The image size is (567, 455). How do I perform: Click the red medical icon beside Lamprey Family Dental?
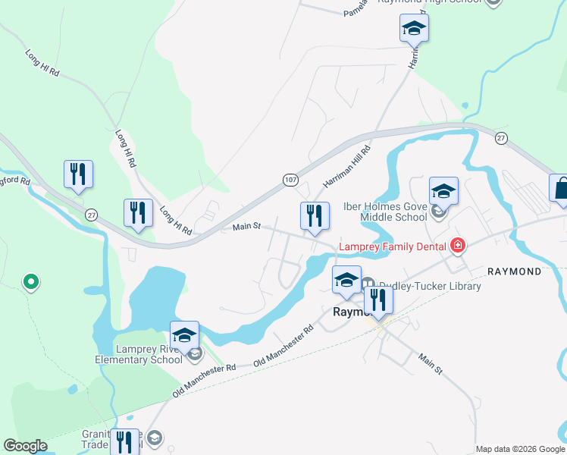pyautogui.click(x=457, y=245)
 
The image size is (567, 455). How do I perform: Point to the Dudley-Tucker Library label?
pyautogui.click(x=430, y=286)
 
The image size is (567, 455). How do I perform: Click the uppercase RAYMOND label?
pyautogui.click(x=514, y=271)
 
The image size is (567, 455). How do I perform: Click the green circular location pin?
pyautogui.click(x=30, y=283)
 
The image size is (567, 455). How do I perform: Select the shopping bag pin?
pyautogui.click(x=560, y=189)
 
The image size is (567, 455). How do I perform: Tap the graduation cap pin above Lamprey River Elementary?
pyautogui.click(x=184, y=335)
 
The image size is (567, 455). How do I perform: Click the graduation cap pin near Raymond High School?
pyautogui.click(x=414, y=28)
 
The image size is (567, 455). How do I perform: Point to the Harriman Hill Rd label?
pyautogui.click(x=346, y=167)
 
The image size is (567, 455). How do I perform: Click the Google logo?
pyautogui.click(x=25, y=446)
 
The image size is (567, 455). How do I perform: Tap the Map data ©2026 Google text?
pyautogui.click(x=519, y=449)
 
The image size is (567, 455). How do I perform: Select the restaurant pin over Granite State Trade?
pyautogui.click(x=124, y=441)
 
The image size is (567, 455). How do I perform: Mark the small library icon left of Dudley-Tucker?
pyautogui.click(x=369, y=286)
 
